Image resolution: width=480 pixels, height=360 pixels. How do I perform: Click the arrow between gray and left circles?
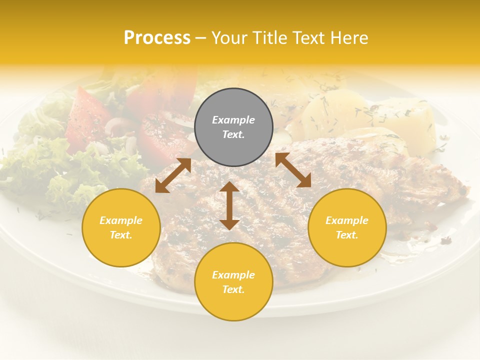173,175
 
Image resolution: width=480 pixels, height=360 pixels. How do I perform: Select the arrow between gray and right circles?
293,170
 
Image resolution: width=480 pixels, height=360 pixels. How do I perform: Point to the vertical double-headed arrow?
229,206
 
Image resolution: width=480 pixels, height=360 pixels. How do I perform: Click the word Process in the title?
157,38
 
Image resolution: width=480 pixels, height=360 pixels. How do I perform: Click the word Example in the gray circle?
233,120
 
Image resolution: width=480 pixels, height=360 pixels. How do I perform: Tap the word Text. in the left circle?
121,235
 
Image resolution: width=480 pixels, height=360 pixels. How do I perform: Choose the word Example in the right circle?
347,220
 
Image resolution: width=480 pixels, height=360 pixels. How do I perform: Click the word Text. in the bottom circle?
233,289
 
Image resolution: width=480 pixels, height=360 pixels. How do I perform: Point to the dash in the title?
200,38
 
